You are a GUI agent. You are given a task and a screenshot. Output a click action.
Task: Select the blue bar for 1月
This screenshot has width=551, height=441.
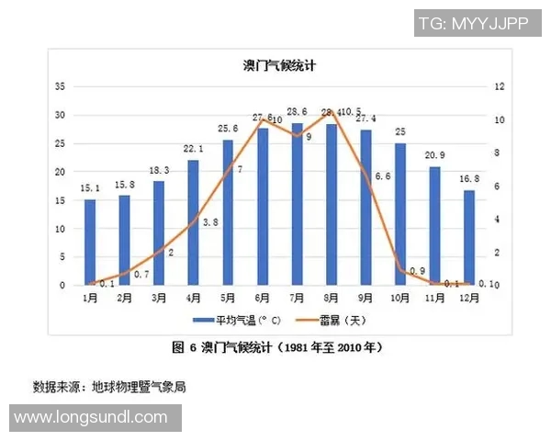[90, 242]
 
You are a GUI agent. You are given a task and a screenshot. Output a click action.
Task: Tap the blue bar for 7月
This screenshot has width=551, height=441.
[297, 204]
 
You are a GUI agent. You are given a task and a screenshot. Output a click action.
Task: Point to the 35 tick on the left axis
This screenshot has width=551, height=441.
[61, 86]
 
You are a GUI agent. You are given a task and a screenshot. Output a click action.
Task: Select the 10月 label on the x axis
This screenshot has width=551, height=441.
[400, 298]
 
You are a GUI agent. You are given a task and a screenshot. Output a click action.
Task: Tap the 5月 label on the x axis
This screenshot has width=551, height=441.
[228, 298]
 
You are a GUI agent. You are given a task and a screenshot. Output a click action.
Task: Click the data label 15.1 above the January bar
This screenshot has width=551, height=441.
[90, 190]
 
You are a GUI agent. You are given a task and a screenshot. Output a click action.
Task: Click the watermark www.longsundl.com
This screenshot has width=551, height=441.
[91, 418]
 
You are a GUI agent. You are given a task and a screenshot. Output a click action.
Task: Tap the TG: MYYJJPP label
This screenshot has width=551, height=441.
[473, 23]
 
